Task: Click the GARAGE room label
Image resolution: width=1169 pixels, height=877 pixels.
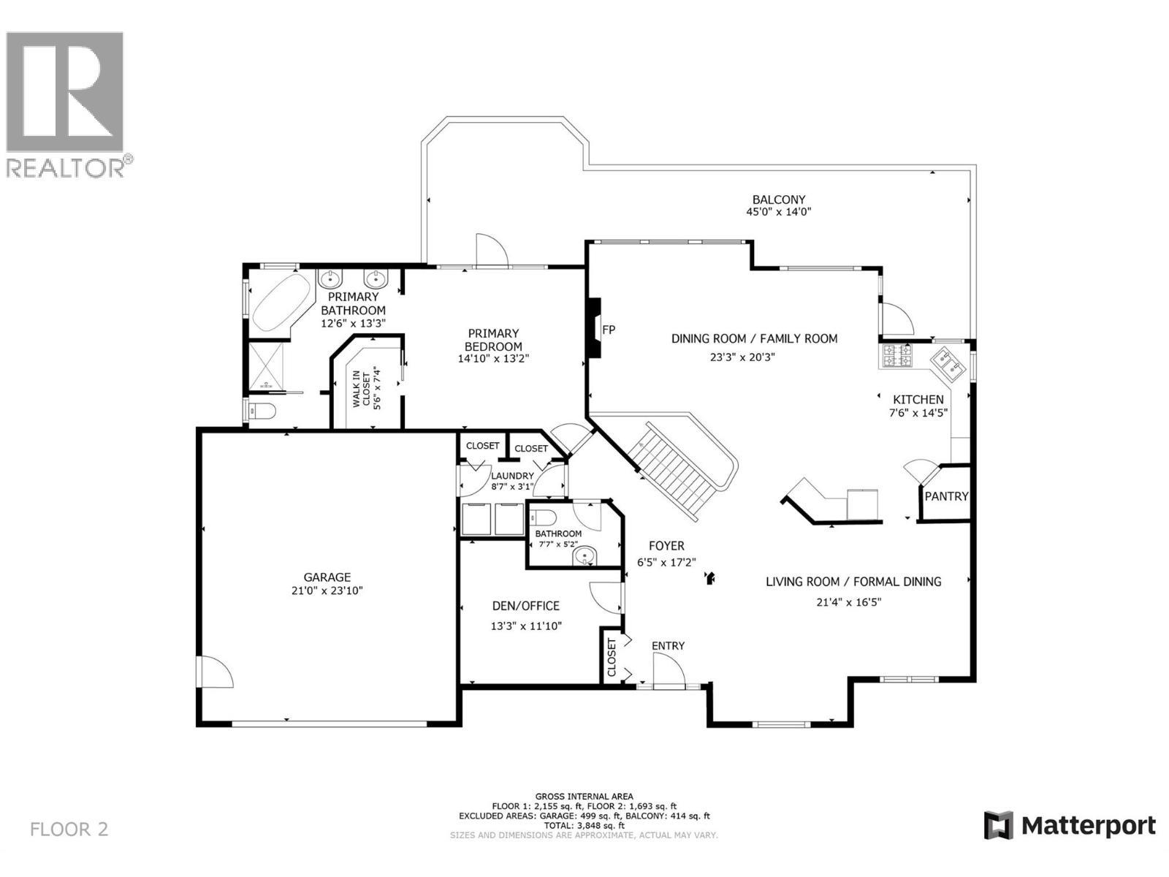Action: click(x=327, y=577)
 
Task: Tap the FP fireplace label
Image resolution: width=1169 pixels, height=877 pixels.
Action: click(x=608, y=330)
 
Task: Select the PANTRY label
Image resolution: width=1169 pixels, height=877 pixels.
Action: click(x=946, y=496)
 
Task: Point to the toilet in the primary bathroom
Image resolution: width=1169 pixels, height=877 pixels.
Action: click(x=262, y=411)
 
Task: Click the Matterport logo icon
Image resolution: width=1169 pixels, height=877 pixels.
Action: click(x=998, y=826)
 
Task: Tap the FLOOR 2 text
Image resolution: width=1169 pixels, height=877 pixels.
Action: click(x=69, y=829)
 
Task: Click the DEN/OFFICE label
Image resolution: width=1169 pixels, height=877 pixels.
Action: click(x=525, y=605)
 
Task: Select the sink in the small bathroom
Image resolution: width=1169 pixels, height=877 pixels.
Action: click(x=584, y=558)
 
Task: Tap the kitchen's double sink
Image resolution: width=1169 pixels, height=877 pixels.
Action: click(x=948, y=364)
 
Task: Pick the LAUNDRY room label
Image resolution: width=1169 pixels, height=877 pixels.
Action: click(x=511, y=476)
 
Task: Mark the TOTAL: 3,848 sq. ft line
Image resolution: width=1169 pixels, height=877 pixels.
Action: click(x=584, y=825)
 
